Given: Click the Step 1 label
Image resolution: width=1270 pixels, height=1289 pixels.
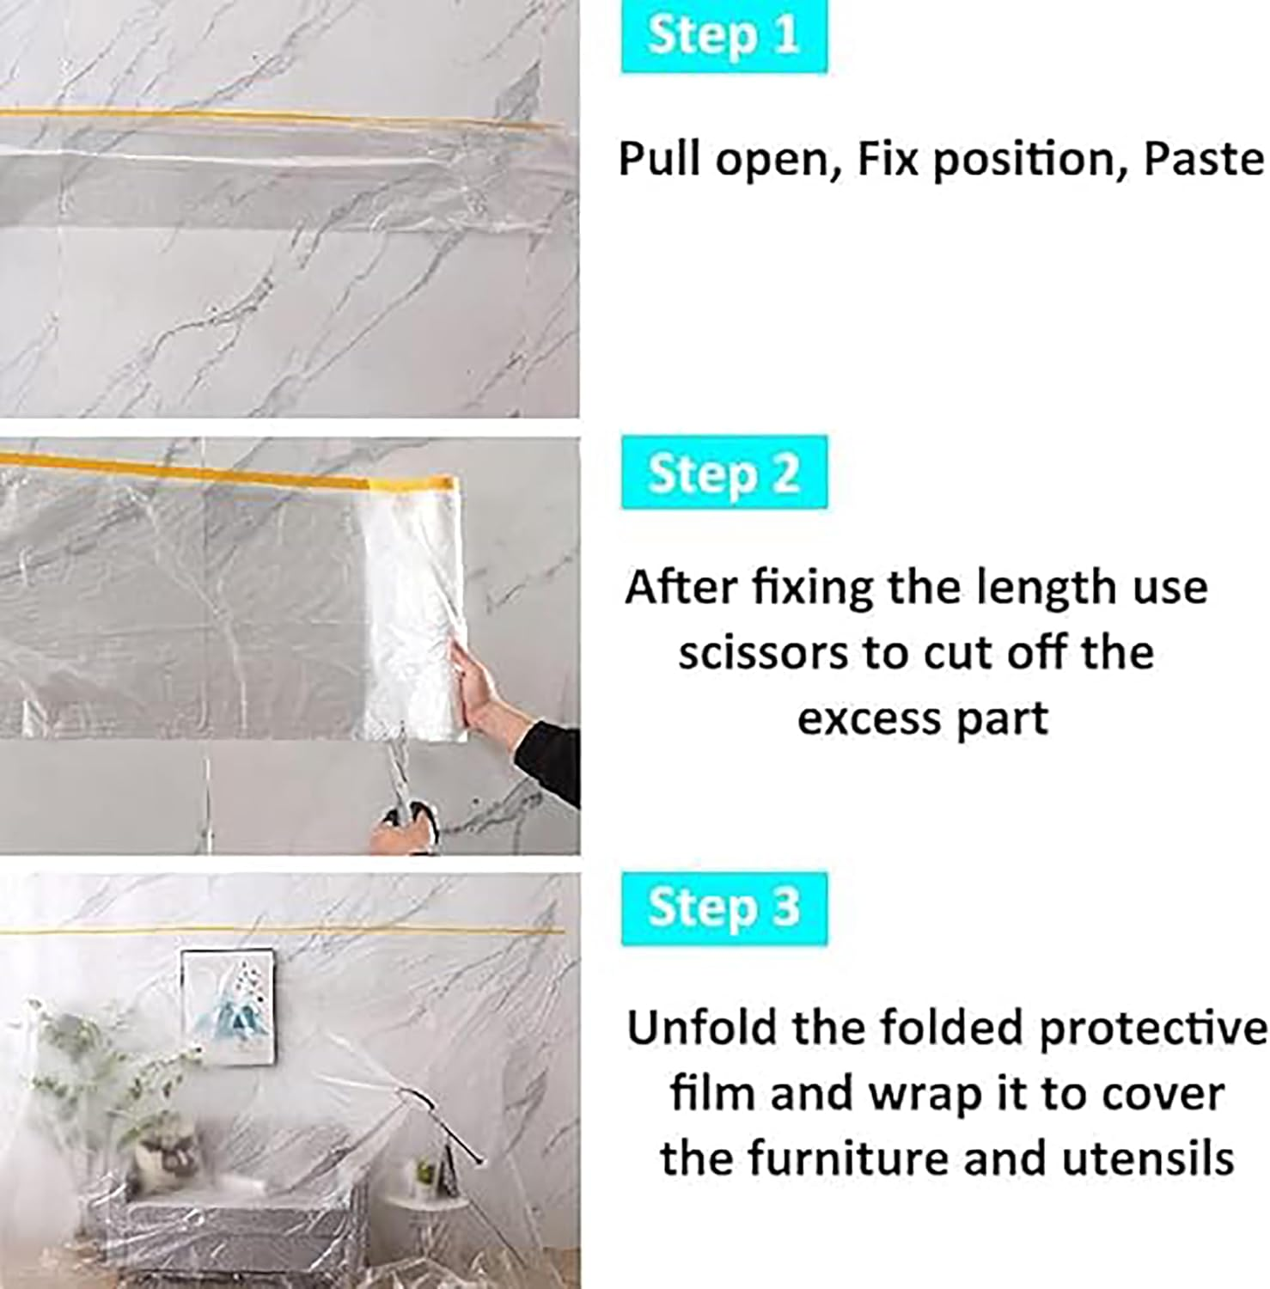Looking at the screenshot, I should pyautogui.click(x=724, y=36).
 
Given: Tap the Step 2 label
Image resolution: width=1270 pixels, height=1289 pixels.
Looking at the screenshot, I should pyautogui.click(x=724, y=473).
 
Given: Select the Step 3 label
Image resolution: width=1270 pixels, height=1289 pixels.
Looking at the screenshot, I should pyautogui.click(x=724, y=908).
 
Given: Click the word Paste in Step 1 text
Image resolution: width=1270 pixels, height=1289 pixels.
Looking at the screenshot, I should pyautogui.click(x=1203, y=159).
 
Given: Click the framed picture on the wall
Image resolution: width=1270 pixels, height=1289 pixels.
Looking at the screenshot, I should pyautogui.click(x=229, y=1005).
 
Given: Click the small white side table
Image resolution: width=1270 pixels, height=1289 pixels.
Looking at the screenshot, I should pyautogui.click(x=430, y=1203).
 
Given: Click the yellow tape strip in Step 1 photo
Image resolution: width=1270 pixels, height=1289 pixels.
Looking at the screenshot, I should pyautogui.click(x=275, y=118).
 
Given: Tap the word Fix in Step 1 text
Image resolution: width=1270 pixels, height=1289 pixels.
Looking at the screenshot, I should pyautogui.click(x=885, y=159).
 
